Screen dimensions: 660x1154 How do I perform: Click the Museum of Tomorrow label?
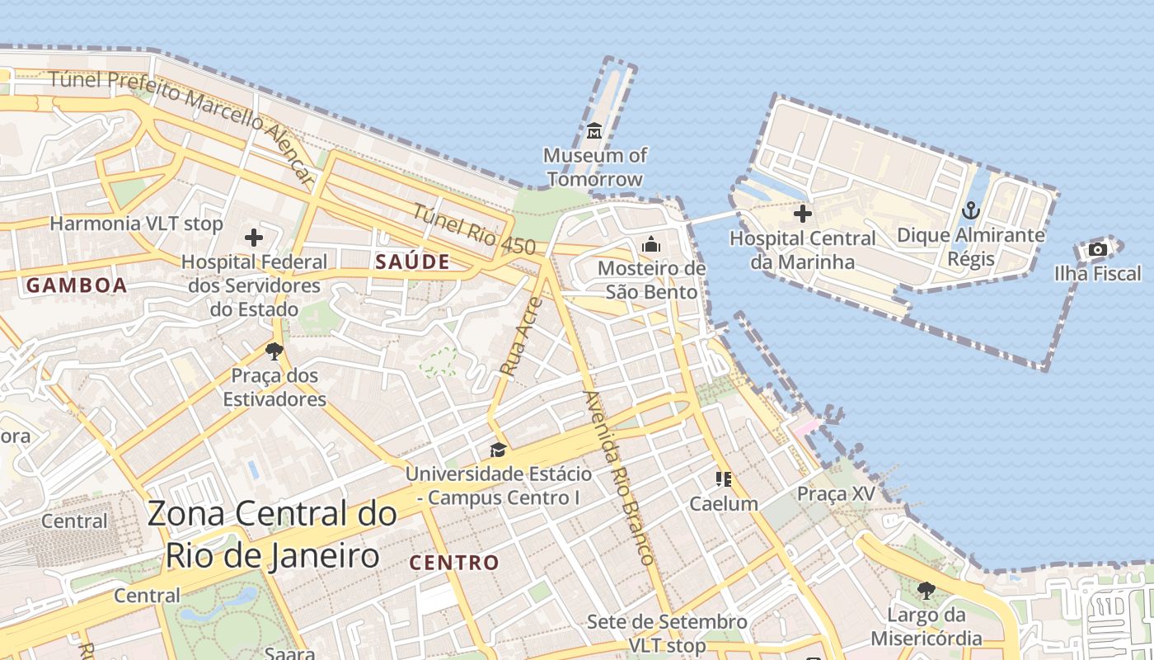pos(594,167)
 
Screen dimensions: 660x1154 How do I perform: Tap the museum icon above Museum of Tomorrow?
pos(594,131)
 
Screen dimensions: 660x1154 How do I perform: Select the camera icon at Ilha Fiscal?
pos(1097,249)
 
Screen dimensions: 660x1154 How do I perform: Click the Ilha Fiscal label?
pos(1097,274)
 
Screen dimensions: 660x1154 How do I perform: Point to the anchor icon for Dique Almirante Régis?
pos(971,211)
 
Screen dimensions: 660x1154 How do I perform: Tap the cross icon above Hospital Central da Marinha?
pos(802,214)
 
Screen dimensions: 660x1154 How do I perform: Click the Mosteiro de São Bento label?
pos(651,280)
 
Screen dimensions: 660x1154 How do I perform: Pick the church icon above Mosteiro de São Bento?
pos(651,245)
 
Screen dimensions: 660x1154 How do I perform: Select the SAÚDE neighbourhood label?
pos(412,262)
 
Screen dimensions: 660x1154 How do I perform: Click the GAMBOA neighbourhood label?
pos(77,285)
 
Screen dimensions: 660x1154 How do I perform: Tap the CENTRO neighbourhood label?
pos(454,563)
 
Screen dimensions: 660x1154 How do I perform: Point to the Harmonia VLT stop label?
pos(136,224)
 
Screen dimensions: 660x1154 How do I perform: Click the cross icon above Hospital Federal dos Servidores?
pos(254,238)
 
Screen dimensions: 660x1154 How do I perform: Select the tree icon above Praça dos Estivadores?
pos(274,352)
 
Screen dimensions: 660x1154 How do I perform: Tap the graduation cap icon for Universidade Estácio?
pos(498,450)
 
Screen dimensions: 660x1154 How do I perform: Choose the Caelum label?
pos(724,503)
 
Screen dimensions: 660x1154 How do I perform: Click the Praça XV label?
pos(835,494)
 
